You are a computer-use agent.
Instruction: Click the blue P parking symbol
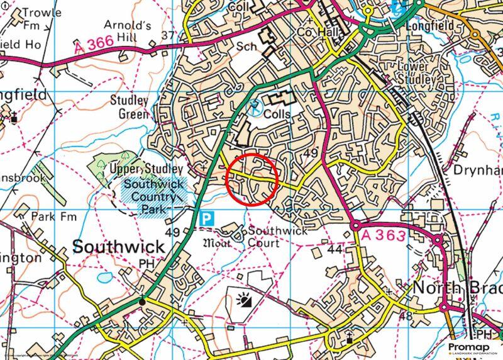pos(208,218)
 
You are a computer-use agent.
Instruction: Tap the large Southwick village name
pos(118,246)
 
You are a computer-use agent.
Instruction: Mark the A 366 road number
pos(94,45)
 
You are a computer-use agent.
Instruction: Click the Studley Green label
pos(129,107)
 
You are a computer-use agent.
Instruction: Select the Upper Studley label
pos(146,169)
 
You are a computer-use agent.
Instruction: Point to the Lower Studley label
pos(417,72)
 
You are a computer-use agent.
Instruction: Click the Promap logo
pos(470,347)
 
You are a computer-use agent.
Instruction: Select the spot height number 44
pos(334,249)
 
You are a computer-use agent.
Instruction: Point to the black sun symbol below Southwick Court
pos(244,300)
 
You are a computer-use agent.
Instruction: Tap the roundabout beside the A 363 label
pos(356,225)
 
